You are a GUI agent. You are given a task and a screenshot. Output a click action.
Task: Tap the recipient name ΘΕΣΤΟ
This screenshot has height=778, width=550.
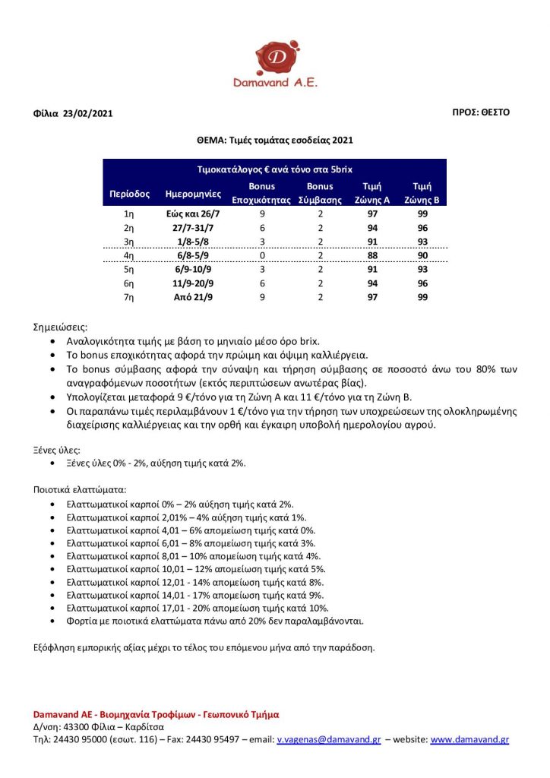[495, 112]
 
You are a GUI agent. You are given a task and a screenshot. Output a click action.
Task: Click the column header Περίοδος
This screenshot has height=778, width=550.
[130, 194]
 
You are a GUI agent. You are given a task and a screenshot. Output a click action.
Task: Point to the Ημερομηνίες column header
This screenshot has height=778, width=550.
[191, 194]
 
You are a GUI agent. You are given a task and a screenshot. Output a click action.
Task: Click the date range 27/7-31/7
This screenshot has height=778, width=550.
[191, 228]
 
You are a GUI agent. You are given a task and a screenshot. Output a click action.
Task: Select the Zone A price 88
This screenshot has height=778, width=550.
[372, 255]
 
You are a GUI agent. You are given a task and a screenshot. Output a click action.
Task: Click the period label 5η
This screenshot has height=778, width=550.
[129, 269]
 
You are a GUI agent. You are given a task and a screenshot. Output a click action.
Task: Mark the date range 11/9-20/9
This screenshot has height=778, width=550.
[191, 283]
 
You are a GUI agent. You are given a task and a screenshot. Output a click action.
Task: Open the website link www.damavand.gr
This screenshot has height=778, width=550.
[469, 739]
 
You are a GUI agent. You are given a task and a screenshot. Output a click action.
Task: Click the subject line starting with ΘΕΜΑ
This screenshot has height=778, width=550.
[274, 140]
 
